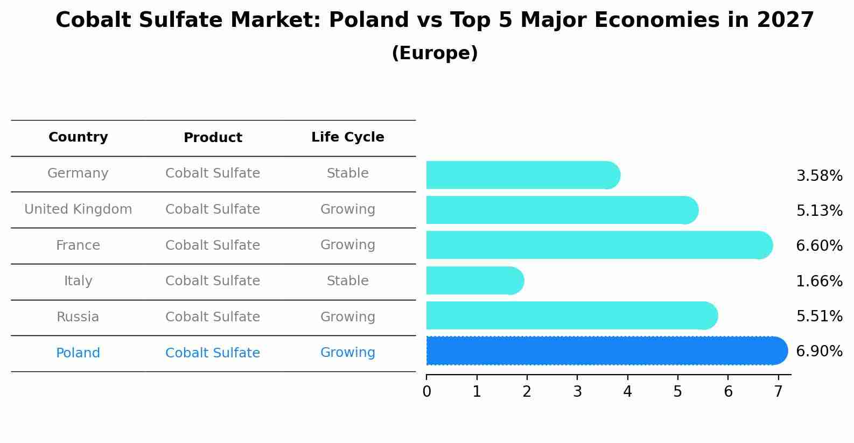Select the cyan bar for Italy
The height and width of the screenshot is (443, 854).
tap(474, 280)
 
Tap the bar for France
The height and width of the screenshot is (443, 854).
tap(598, 245)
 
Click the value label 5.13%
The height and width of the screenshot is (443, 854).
tap(819, 210)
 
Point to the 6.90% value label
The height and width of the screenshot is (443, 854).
tap(819, 351)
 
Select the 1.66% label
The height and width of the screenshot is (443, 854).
tap(819, 281)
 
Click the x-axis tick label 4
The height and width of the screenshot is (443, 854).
tap(627, 392)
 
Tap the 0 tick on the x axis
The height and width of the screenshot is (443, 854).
tap(426, 392)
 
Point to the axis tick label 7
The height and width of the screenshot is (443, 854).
tap(778, 392)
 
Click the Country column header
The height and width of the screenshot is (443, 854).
tap(78, 137)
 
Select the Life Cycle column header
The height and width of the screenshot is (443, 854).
tap(347, 137)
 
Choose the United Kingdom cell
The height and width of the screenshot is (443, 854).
tap(78, 209)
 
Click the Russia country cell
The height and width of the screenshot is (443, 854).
tap(78, 317)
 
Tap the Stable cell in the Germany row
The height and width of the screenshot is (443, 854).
tap(347, 173)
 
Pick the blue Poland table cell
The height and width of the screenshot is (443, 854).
tap(78, 353)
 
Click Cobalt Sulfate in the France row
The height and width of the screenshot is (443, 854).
tap(213, 245)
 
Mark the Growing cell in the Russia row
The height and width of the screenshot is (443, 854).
tap(347, 317)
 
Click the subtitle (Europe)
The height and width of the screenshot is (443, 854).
tap(435, 53)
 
